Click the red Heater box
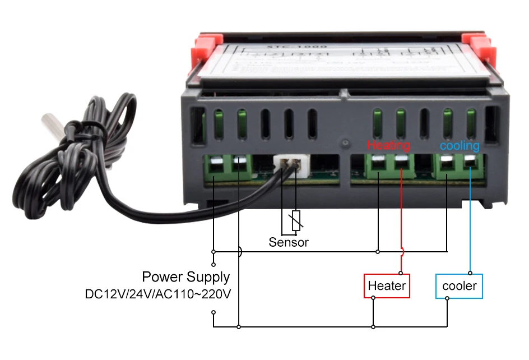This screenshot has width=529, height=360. coord(387,286)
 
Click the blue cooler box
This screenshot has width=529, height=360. coord(459,286)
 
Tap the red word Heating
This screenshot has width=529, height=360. coord(388,146)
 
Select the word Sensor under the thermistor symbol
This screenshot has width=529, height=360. coord(289,242)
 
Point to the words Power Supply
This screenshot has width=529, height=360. coord(185,277)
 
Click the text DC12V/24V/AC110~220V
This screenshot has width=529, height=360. coord(158,293)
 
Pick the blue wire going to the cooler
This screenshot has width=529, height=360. coord(470,224)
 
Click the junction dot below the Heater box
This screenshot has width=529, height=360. coord(373,298)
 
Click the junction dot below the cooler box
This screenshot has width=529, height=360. coord(447,298)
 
